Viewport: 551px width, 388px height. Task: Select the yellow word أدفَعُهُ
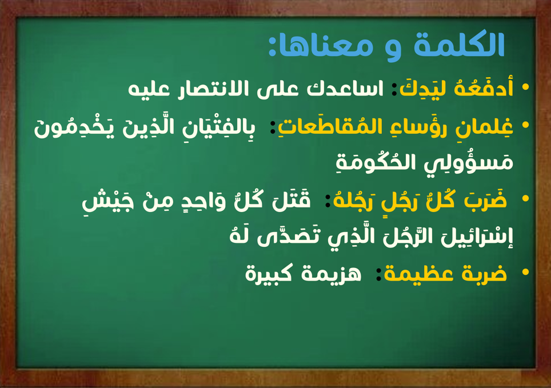tap(484, 87)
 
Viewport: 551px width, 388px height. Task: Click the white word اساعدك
tap(345, 89)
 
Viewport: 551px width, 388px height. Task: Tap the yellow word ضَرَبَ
tap(485, 199)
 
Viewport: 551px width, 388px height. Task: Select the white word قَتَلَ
tap(292, 199)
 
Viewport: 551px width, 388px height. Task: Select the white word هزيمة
tap(331, 273)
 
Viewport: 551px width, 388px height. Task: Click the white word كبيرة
tap(269, 273)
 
